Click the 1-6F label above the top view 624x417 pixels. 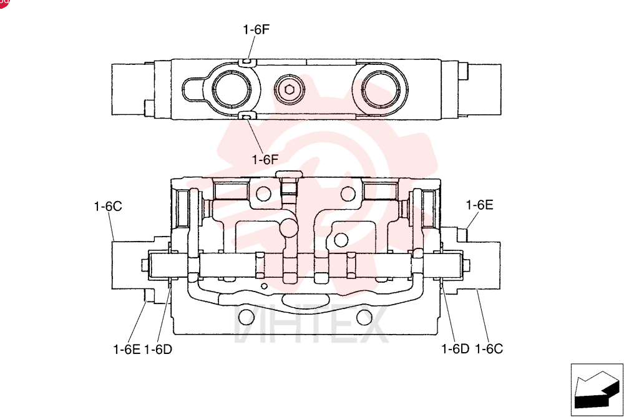point(256,29)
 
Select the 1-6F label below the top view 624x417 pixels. point(265,160)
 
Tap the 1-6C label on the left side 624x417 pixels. point(108,206)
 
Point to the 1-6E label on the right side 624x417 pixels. point(479,205)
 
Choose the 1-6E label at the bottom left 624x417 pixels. point(127,350)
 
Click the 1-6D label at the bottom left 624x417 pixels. point(158,350)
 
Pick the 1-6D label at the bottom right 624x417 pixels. point(456,349)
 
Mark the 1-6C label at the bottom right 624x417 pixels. point(489,349)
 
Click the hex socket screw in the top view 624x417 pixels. point(290,89)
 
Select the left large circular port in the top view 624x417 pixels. point(232,89)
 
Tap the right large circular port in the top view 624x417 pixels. point(381,89)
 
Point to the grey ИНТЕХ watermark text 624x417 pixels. point(311,324)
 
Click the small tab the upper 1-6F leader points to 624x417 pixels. point(247,62)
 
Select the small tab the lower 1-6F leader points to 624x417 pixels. point(246,116)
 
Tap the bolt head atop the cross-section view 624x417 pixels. point(290,174)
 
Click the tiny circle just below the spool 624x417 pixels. point(264,286)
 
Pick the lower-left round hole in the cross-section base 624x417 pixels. point(246,317)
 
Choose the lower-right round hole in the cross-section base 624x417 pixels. point(364,317)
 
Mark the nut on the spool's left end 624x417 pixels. point(145,265)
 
